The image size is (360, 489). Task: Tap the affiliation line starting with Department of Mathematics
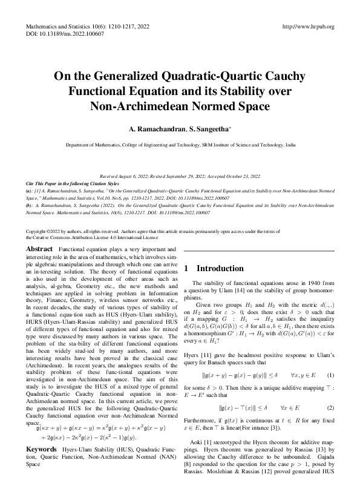tap(181, 146)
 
